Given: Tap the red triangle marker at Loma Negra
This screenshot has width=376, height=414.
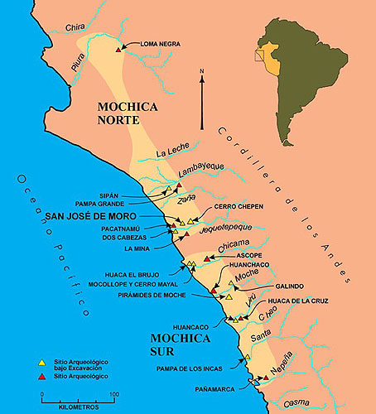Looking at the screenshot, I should pos(120,50).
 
